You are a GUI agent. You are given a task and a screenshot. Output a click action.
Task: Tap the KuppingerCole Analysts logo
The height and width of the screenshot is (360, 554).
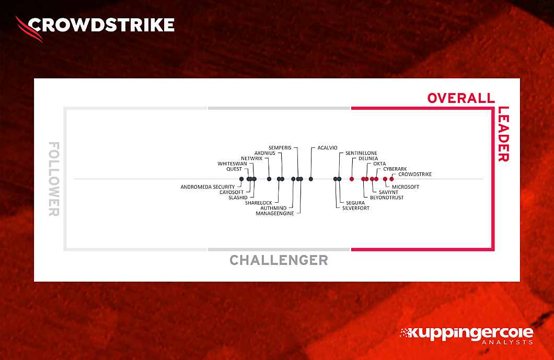point(466,335)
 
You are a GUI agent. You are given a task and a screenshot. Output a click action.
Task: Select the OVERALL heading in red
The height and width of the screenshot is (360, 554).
point(460,98)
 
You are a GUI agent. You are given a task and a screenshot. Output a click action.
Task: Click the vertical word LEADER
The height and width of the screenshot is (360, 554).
point(503,134)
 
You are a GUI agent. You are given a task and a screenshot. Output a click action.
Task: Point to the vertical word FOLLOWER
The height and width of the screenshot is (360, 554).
point(54,179)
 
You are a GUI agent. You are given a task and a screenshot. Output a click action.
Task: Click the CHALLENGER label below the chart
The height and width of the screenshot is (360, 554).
point(279,260)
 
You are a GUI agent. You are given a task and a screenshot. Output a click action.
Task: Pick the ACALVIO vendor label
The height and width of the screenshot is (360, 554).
point(327,148)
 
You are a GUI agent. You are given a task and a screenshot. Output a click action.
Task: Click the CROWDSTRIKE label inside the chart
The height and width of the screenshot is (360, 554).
point(415,174)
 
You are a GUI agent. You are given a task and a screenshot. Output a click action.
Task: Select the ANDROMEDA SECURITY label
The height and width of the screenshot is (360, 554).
point(207,187)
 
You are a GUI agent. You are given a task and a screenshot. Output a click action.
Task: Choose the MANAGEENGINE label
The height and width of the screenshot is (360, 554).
point(278,213)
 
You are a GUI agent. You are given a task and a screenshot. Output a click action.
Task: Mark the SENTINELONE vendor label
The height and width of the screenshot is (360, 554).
point(361,153)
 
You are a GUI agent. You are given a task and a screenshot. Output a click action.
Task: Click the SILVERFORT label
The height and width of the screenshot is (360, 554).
point(355,208)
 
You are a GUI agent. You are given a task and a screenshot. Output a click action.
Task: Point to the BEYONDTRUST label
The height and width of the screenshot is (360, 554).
point(387,198)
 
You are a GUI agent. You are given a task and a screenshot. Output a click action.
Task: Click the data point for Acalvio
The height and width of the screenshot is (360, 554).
point(311,179)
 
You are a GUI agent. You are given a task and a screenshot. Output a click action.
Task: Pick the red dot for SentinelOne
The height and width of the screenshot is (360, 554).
point(352,179)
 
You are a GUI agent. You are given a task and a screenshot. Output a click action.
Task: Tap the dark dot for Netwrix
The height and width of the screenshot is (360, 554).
point(255,179)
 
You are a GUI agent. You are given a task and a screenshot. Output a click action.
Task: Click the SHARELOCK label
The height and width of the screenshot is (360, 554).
point(258,203)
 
